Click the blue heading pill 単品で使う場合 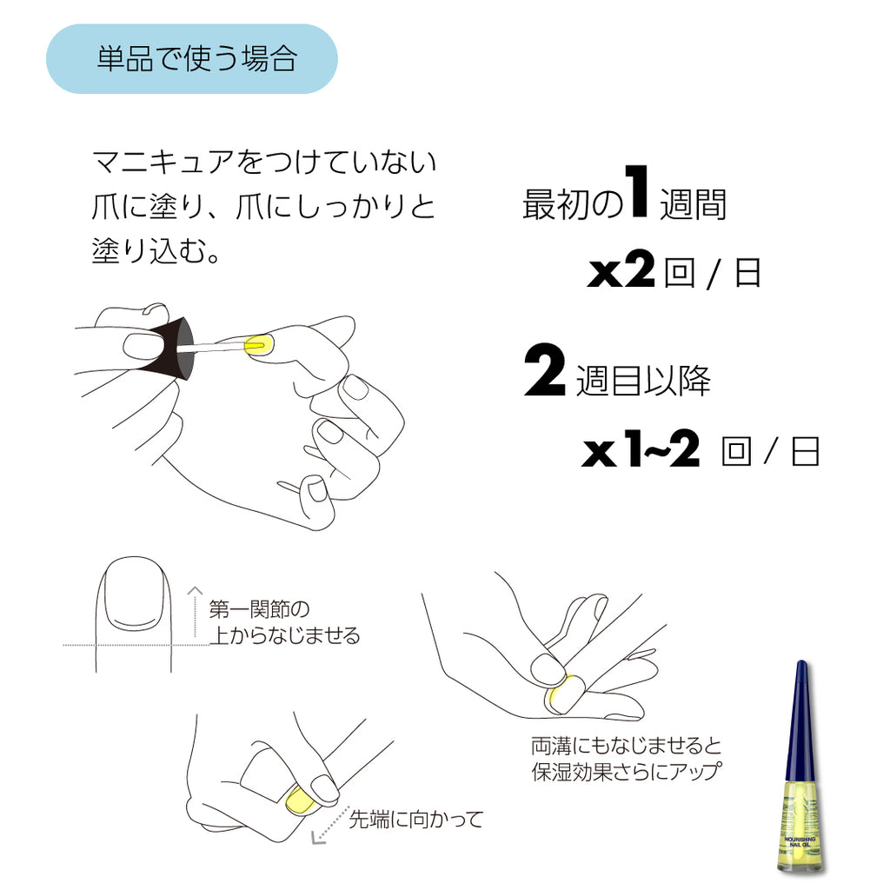[191, 59]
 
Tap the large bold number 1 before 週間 [639, 196]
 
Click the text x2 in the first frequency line [621, 274]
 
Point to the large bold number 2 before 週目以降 [545, 372]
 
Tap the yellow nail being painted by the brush [256, 346]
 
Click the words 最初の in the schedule [572, 205]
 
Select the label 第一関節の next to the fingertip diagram [258, 608]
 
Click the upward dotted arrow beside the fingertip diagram [194, 613]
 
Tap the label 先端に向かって [415, 819]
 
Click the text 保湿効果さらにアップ [626, 771]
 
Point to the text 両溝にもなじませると [626, 746]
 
